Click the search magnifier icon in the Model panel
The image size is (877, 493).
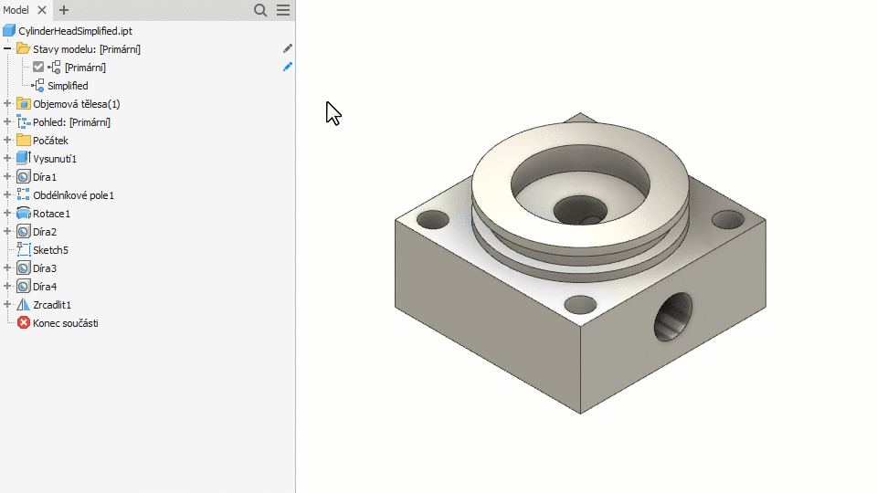(x=260, y=10)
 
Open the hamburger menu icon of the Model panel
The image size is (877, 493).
(x=283, y=10)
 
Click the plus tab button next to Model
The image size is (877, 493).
(x=64, y=10)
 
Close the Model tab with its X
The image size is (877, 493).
(x=42, y=10)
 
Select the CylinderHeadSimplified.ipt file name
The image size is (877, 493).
(x=75, y=31)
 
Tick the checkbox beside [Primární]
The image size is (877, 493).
(x=38, y=67)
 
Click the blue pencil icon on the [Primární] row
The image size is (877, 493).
(x=288, y=67)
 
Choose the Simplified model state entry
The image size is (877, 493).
(x=68, y=86)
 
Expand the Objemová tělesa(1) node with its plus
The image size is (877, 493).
(x=7, y=103)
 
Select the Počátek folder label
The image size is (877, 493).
(x=50, y=141)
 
